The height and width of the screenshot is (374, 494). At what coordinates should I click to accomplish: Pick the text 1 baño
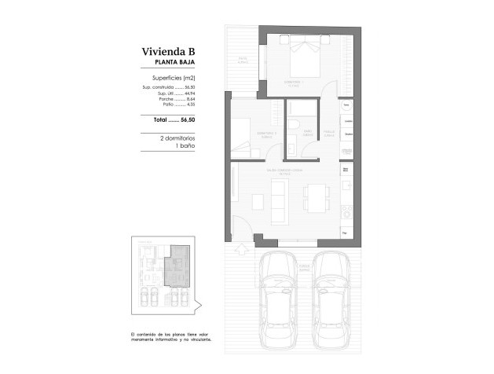[x=185, y=146]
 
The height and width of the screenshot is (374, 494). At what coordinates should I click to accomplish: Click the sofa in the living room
[x=277, y=200]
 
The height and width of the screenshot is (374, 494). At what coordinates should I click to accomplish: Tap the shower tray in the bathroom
[x=304, y=109]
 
